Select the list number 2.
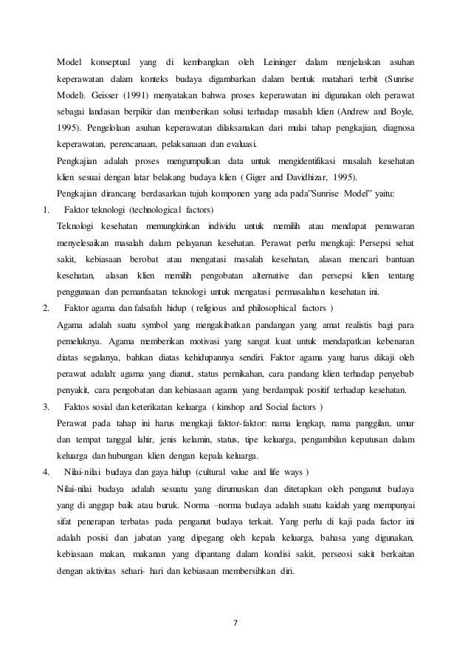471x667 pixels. tap(46, 307)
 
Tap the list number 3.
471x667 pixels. tap(46, 407)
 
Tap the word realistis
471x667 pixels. tap(340, 325)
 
